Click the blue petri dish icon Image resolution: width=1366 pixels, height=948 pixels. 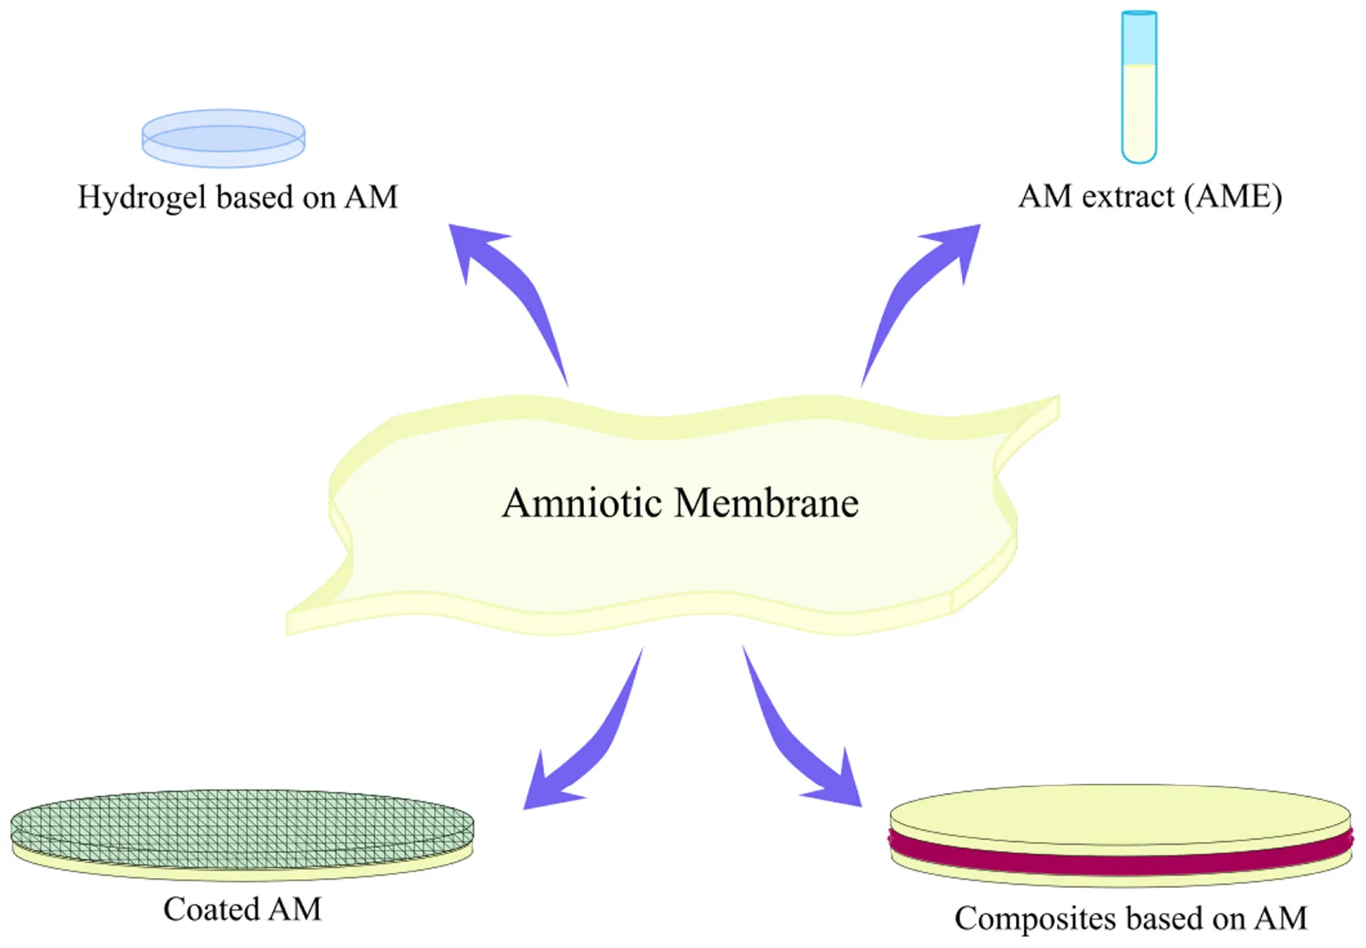click(x=223, y=137)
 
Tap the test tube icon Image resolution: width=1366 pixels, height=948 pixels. click(x=1139, y=87)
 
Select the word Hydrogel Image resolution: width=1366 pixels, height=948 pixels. click(x=142, y=198)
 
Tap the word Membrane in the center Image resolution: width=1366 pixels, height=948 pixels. click(x=766, y=503)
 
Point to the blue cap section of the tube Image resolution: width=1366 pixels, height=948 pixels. click(x=1139, y=38)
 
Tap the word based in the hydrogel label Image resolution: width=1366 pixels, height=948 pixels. click(x=256, y=198)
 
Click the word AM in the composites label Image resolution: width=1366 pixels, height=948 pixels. click(x=1280, y=919)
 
